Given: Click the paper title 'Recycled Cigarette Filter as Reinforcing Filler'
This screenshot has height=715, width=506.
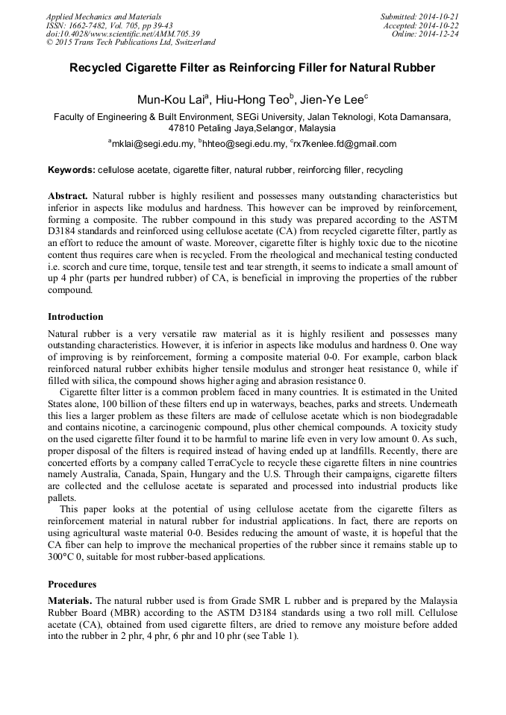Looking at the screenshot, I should [252, 68].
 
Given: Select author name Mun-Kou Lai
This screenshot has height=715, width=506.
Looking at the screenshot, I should [164, 99].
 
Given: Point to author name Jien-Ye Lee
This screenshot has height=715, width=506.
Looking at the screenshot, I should [331, 99].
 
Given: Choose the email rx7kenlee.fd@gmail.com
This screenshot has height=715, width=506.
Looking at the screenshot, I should [340, 144].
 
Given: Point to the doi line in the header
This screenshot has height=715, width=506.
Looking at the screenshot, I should [122, 34].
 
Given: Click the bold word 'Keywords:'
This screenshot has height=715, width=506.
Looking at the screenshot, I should [71, 170].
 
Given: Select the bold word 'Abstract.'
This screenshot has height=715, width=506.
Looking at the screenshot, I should [68, 195].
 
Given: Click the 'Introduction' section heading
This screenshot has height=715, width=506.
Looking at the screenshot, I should [75, 316].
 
